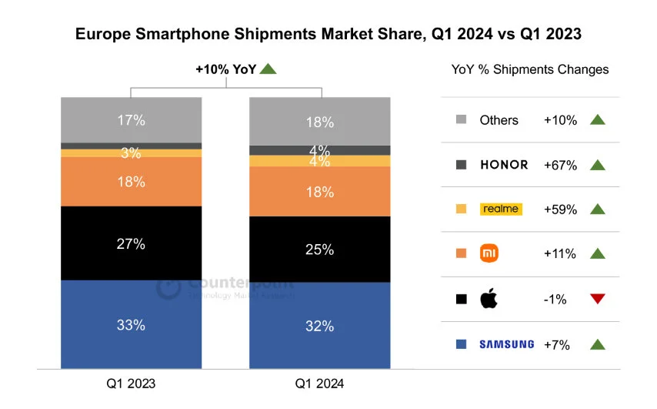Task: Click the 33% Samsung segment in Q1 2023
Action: point(132,324)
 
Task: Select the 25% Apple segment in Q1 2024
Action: point(318,250)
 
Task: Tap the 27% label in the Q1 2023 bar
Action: point(132,243)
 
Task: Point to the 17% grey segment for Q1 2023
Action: point(132,120)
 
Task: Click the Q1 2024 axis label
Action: point(318,383)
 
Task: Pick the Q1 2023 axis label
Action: point(132,383)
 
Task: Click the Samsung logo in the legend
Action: point(506,344)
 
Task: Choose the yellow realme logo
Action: point(500,209)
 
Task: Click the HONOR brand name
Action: point(504,165)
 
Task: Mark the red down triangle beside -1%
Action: point(598,299)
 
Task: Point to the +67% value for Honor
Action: point(560,165)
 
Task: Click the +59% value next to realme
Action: point(560,209)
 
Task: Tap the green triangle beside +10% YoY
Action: point(268,69)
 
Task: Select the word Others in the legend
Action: point(499,120)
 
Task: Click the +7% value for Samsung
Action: point(557,344)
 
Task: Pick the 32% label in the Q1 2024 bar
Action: point(318,326)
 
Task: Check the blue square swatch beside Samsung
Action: point(462,344)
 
